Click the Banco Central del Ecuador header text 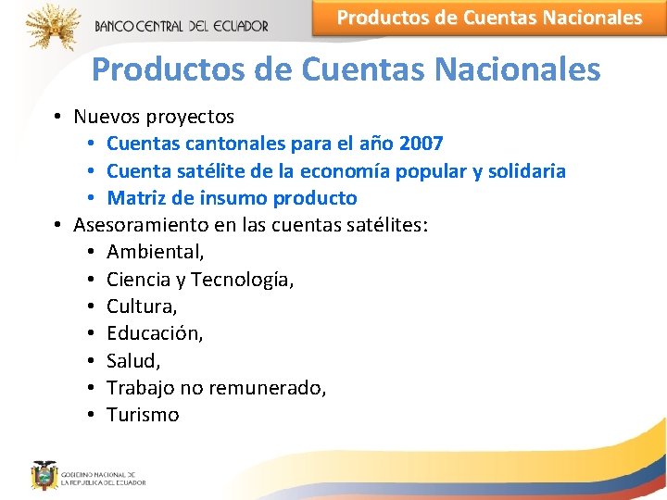tap(181, 26)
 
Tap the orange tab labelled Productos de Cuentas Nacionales tap(488, 18)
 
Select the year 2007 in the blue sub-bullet tap(421, 144)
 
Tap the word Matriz tap(135, 198)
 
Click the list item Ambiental tap(155, 252)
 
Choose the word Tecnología tap(242, 280)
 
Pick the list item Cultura tap(142, 306)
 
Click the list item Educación tap(154, 333)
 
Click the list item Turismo tap(143, 415)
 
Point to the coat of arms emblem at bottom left tap(44, 475)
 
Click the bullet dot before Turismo tap(91, 415)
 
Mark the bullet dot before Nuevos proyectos tap(57, 118)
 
